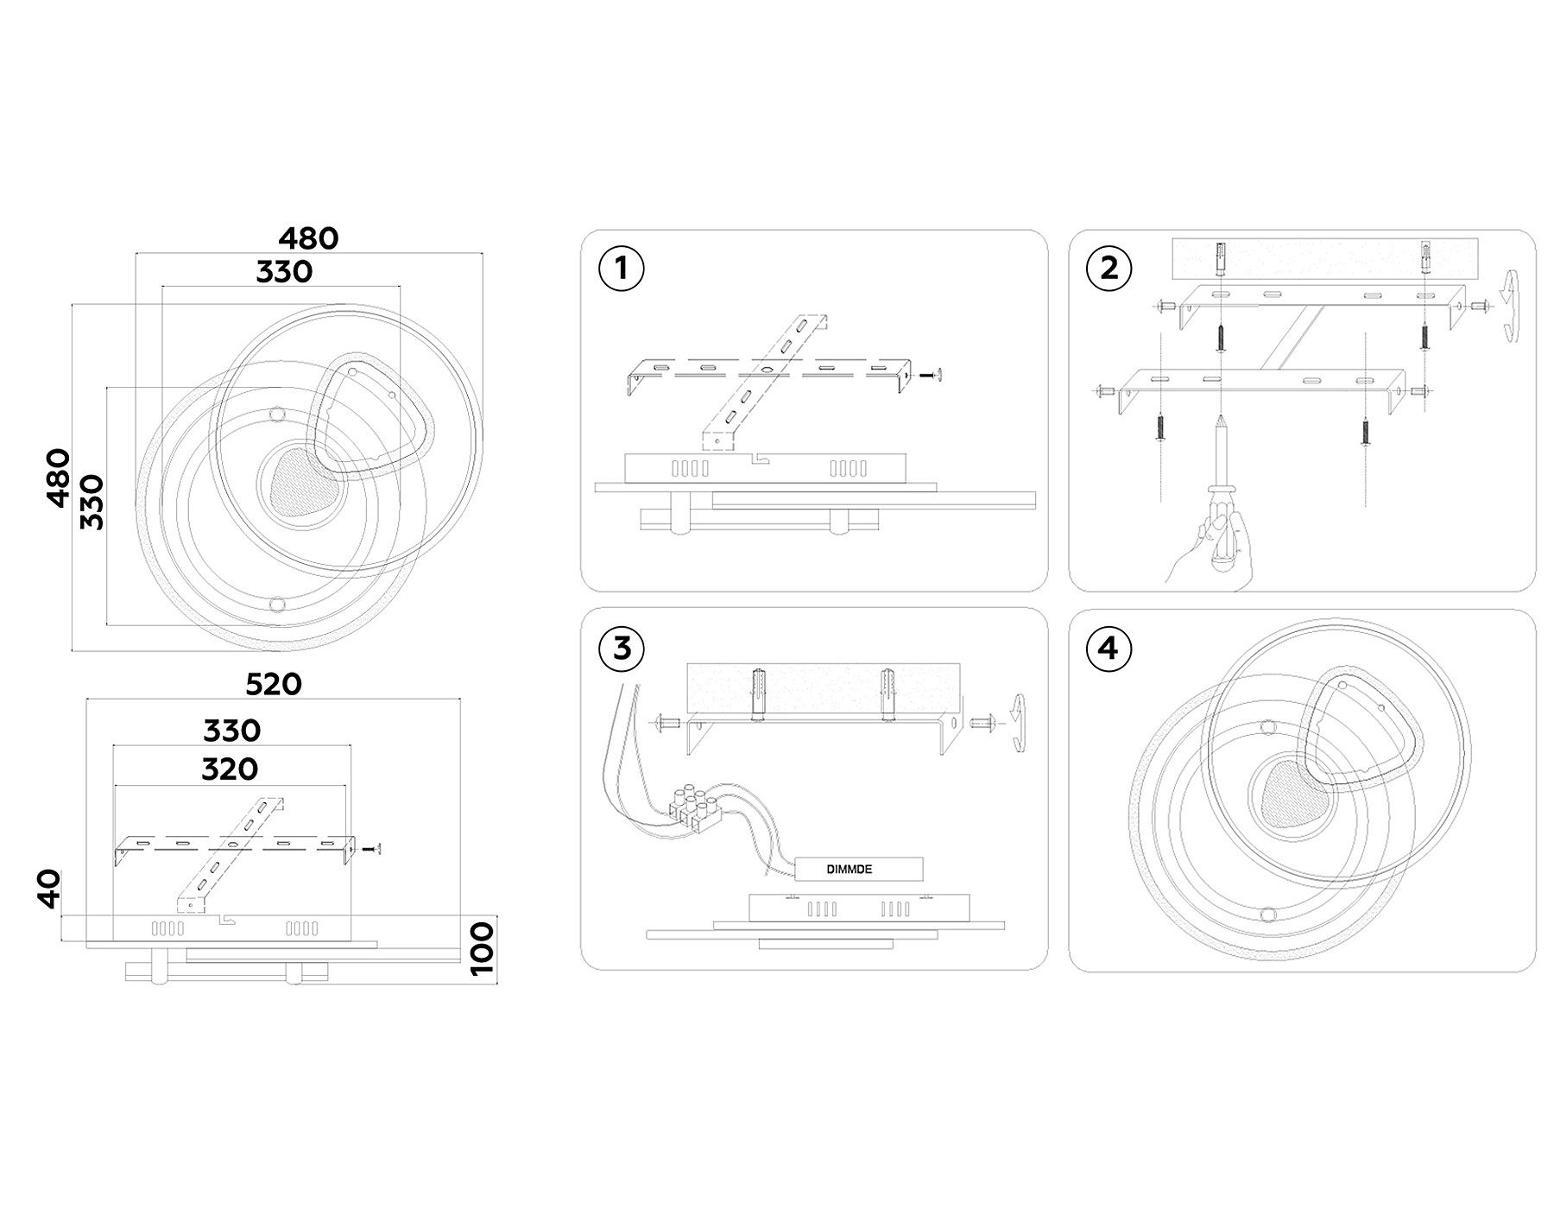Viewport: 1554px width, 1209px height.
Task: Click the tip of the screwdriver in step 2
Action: [1222, 415]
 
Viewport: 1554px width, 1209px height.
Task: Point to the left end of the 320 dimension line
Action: [113, 786]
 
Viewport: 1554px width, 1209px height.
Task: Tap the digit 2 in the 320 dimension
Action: [230, 769]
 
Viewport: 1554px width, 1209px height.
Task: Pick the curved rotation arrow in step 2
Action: [1512, 307]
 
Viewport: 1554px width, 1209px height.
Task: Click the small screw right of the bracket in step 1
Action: [929, 375]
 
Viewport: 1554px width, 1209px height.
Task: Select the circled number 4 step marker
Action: [1109, 647]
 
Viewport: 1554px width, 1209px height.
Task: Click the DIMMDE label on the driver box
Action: [850, 869]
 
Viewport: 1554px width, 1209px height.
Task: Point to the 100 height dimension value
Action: [482, 947]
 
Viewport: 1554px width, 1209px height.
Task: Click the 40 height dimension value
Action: [50, 889]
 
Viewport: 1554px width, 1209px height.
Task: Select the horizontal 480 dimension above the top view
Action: [308, 238]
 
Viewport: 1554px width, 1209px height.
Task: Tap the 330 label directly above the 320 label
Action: [231, 731]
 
